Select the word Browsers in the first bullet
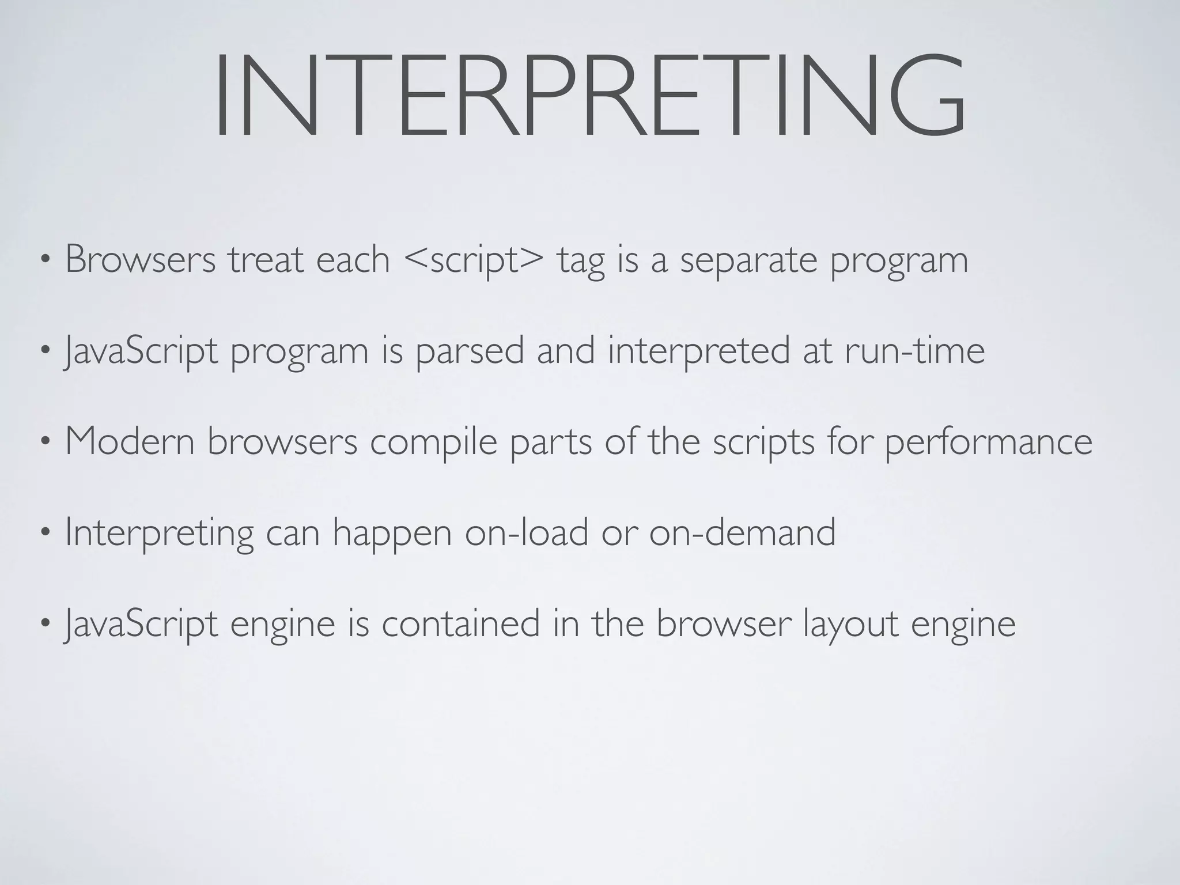(x=141, y=259)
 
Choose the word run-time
(x=914, y=350)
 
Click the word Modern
(x=130, y=441)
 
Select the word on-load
(x=527, y=532)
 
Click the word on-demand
(x=742, y=532)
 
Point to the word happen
(x=392, y=534)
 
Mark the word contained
(x=460, y=623)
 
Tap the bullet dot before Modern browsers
(x=45, y=442)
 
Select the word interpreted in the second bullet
(x=698, y=351)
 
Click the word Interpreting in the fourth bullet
(x=159, y=534)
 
